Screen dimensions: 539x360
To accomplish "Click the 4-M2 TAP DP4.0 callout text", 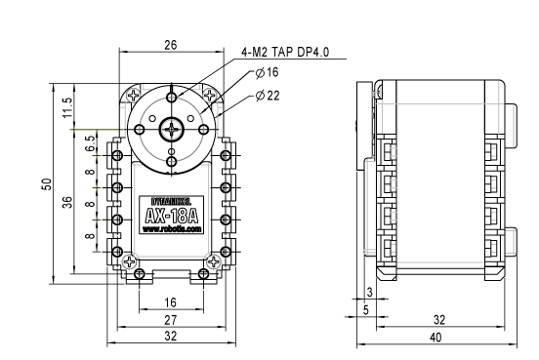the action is pyautogui.click(x=285, y=52).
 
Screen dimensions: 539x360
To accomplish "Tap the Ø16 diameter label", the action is pyautogui.click(x=268, y=72).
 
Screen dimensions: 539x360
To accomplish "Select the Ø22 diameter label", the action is pyautogui.click(x=268, y=96).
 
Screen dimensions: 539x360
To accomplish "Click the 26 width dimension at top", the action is pyautogui.click(x=171, y=45).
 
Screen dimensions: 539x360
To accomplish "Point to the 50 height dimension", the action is pyautogui.click(x=47, y=184).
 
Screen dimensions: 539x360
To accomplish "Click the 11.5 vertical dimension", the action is pyautogui.click(x=67, y=107).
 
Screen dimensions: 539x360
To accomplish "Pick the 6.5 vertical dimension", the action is pyautogui.click(x=90, y=143).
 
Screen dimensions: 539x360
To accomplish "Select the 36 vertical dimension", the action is pyautogui.click(x=67, y=202).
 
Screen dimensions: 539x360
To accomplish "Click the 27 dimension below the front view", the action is pyautogui.click(x=171, y=320).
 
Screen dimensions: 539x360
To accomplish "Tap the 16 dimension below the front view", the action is pyautogui.click(x=170, y=302).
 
